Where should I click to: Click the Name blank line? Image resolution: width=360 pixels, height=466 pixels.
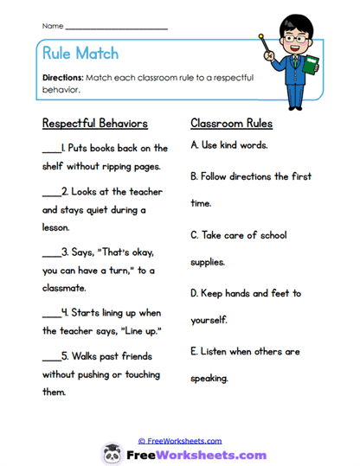(x=116, y=29)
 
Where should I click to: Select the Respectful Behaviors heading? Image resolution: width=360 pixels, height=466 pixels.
(x=94, y=123)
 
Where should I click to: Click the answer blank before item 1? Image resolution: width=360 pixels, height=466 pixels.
(x=50, y=149)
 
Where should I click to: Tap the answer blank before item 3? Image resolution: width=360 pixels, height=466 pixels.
(x=50, y=254)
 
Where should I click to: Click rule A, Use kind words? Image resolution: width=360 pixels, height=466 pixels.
(x=229, y=144)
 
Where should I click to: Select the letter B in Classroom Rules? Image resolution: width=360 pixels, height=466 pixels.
(x=194, y=176)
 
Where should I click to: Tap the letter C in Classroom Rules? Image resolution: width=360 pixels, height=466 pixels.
(x=194, y=234)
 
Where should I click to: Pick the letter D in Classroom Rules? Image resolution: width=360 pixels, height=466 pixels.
(x=194, y=293)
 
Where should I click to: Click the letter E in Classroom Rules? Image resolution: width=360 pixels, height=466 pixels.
(x=194, y=352)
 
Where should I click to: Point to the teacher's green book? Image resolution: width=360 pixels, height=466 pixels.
(x=310, y=65)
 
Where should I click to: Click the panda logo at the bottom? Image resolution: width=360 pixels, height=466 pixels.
(x=112, y=453)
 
